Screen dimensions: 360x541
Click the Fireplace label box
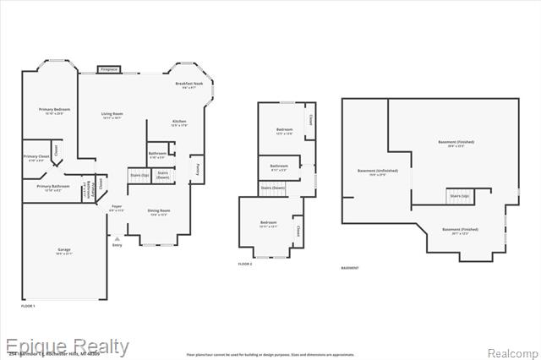coord(109,69)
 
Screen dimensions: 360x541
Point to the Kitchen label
coord(179,123)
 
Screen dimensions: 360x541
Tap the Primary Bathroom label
coord(52,188)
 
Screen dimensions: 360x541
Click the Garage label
coord(63,251)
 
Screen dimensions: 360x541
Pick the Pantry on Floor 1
coord(196,169)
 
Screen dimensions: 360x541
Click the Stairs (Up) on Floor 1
coord(139,176)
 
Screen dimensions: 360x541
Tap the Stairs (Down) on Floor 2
coord(272,188)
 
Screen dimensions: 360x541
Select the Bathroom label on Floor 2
coord(279,167)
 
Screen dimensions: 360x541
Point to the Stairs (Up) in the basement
coord(459,197)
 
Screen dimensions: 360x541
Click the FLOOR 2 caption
coord(246,265)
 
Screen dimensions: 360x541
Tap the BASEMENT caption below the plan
coord(349,268)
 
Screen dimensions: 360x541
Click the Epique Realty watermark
coord(67,346)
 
